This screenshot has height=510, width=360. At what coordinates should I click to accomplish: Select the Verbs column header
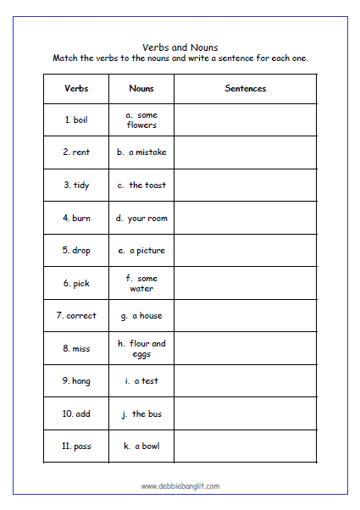(76, 88)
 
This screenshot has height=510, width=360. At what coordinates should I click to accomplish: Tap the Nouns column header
(141, 88)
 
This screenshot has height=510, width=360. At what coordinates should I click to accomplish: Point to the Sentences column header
(246, 88)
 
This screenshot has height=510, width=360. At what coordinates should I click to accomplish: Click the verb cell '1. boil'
(76, 120)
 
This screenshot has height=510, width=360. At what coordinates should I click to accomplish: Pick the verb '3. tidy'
(76, 186)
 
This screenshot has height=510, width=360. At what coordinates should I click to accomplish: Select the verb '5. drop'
(76, 251)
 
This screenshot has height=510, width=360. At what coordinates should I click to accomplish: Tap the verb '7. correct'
(76, 316)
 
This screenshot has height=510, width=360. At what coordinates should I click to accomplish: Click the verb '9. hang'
(76, 381)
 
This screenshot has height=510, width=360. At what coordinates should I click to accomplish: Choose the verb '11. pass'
(76, 446)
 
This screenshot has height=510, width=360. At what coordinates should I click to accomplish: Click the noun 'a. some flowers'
(141, 120)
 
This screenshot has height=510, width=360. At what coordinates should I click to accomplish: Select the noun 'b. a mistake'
(141, 152)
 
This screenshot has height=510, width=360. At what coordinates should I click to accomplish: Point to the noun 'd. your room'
(141, 219)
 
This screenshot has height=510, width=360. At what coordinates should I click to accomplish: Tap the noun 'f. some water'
(141, 283)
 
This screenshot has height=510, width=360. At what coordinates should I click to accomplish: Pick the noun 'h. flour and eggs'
(141, 348)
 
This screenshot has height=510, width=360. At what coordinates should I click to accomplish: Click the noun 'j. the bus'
(141, 414)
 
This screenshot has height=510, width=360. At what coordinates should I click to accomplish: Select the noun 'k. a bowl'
(141, 446)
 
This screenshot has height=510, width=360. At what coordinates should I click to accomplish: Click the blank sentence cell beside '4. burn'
(246, 219)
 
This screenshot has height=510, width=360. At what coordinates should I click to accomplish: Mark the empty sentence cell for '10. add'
(246, 414)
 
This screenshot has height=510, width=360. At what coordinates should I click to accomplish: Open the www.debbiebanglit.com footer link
(180, 485)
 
